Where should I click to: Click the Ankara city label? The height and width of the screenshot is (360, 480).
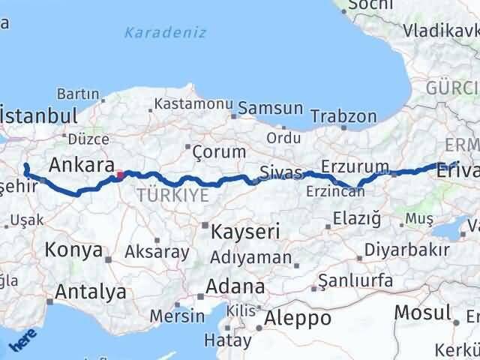tap(82, 165)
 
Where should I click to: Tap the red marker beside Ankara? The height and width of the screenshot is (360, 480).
tap(119, 176)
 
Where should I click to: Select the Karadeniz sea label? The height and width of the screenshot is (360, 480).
tap(165, 32)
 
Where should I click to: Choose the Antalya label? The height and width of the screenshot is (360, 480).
tap(90, 292)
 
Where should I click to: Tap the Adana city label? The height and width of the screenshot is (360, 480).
tap(237, 286)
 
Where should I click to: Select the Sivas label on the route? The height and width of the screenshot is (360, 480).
tap(280, 173)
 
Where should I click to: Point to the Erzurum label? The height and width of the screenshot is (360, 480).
tap(355, 166)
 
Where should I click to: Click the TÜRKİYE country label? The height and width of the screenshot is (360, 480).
tap(172, 196)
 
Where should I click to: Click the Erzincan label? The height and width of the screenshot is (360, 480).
tap(335, 191)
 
